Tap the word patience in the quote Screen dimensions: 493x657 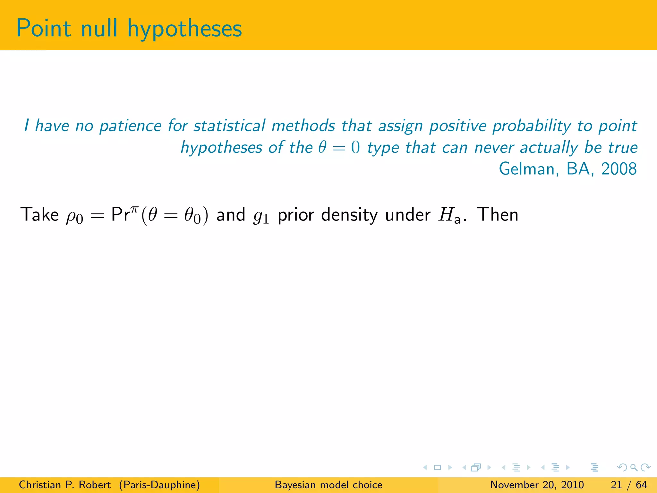coord(130,126)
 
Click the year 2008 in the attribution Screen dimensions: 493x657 coord(619,169)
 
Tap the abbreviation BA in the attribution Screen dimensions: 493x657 coord(578,169)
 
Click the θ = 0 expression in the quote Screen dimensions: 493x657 coord(339,148)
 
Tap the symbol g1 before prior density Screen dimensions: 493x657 coord(260,217)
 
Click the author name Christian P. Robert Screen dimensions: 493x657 coord(64,485)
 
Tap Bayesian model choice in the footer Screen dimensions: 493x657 coord(328,485)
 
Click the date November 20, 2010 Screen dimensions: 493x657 coord(537,485)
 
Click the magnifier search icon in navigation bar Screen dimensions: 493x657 coord(634,467)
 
